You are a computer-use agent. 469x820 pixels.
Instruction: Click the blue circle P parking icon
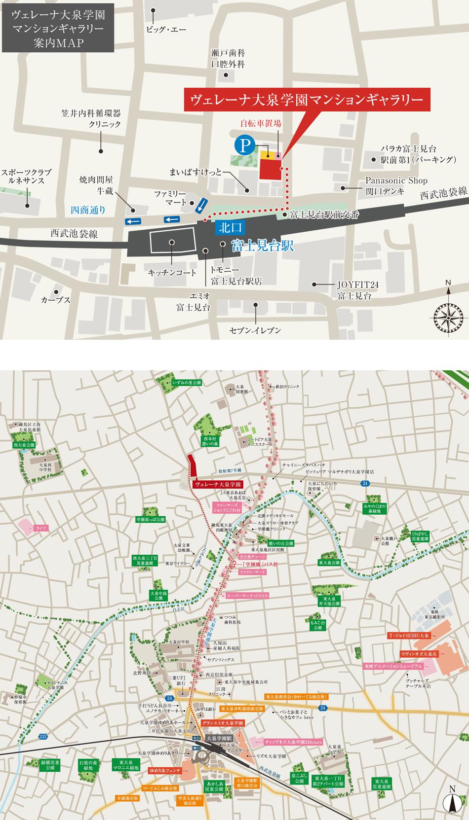pyautogui.click(x=243, y=145)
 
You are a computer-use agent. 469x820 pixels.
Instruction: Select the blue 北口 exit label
pyautogui.click(x=230, y=227)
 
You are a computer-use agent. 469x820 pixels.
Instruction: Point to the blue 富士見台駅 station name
pyautogui.click(x=262, y=245)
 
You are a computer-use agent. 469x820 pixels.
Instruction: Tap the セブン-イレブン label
pyautogui.click(x=255, y=330)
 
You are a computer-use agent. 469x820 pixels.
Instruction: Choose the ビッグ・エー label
pyautogui.click(x=166, y=30)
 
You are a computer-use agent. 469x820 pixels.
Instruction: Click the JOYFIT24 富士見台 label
pyautogui.click(x=354, y=290)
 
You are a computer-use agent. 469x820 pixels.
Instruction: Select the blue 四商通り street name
pyautogui.click(x=88, y=210)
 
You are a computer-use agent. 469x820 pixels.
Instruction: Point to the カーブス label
pyautogui.click(x=56, y=299)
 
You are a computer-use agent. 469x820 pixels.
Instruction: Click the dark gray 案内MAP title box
pyautogui.click(x=58, y=29)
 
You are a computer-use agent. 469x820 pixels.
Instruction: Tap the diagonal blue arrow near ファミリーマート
pyautogui.click(x=201, y=206)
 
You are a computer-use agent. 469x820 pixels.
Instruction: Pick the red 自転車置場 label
pyautogui.click(x=261, y=124)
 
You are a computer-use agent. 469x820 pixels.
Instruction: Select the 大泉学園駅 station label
pyautogui.click(x=219, y=738)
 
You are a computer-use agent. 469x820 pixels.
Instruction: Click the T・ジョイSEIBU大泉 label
pyautogui.click(x=409, y=635)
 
